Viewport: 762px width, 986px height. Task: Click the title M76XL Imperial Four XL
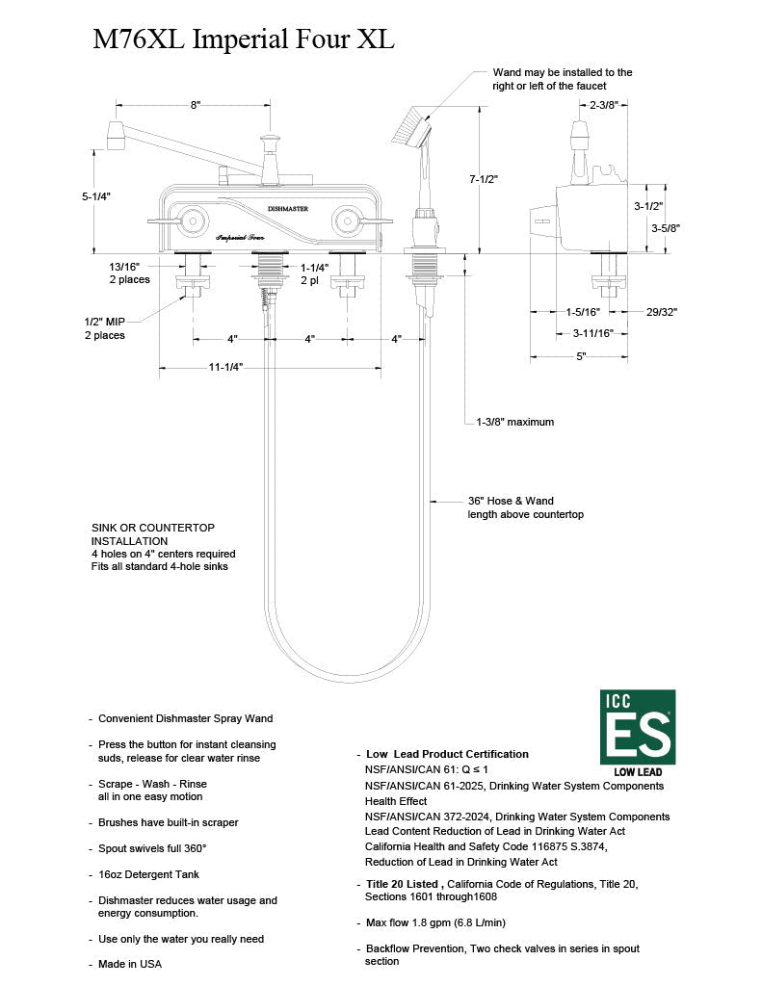click(244, 39)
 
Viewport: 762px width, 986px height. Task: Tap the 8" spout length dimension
click(196, 105)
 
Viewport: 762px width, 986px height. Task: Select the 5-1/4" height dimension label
click(96, 195)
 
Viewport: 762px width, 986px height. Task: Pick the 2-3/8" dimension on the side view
click(604, 105)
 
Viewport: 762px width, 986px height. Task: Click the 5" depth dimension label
click(582, 356)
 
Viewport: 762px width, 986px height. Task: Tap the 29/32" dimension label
click(662, 311)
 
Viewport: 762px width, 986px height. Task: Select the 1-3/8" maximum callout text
click(515, 422)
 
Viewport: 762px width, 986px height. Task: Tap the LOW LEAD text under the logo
click(637, 771)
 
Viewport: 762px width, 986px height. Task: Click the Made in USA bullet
click(130, 963)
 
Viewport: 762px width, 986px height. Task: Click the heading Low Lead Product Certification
click(447, 754)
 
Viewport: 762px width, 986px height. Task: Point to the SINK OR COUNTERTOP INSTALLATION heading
click(152, 534)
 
